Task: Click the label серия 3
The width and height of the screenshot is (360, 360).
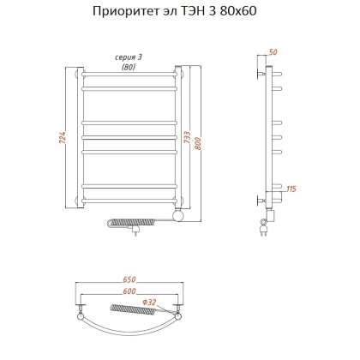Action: click(128, 57)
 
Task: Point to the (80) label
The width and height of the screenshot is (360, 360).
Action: click(128, 66)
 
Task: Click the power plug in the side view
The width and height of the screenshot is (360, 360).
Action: click(265, 226)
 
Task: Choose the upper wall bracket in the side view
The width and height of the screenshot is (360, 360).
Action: click(263, 75)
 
